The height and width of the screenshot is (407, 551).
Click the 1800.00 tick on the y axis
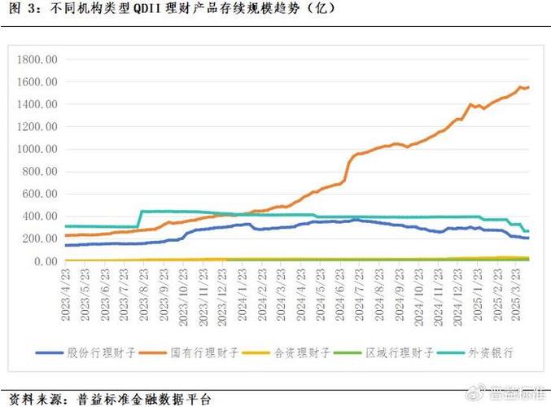pyautogui.click(x=38, y=59)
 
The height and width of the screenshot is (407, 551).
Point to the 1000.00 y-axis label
pyautogui.click(x=38, y=150)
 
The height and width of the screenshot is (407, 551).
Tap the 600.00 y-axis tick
pyautogui.click(x=41, y=195)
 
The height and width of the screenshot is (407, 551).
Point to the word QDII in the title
pyautogui.click(x=147, y=10)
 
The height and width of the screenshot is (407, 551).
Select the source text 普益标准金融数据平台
pyautogui.click(x=143, y=399)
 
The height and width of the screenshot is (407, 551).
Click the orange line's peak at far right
pyautogui.click(x=521, y=86)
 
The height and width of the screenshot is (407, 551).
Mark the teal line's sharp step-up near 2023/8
pyautogui.click(x=140, y=218)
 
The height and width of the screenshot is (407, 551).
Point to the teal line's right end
pyautogui.click(x=528, y=231)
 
